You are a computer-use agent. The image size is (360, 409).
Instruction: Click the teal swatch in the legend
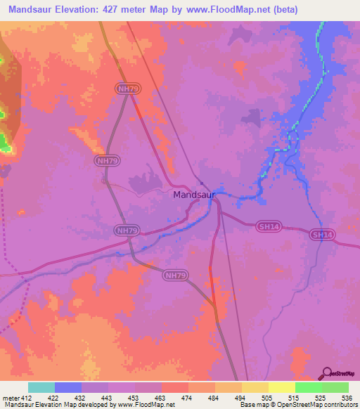click(x=41, y=387)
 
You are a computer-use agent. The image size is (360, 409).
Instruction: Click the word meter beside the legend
click(x=10, y=397)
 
